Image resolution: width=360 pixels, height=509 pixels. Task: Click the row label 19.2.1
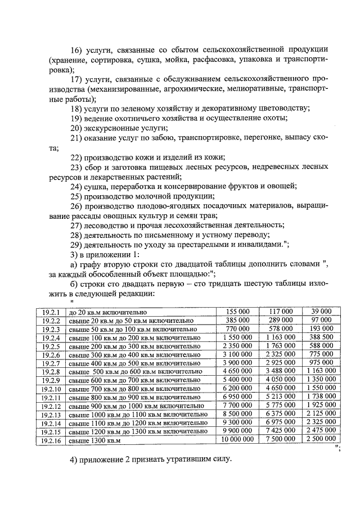(50, 312)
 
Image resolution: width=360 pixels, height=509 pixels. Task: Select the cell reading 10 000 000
(238, 438)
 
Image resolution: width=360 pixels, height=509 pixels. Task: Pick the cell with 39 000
(321, 312)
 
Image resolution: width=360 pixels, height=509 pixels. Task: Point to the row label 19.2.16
(51, 439)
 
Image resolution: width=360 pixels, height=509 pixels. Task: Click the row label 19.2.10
(51, 388)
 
